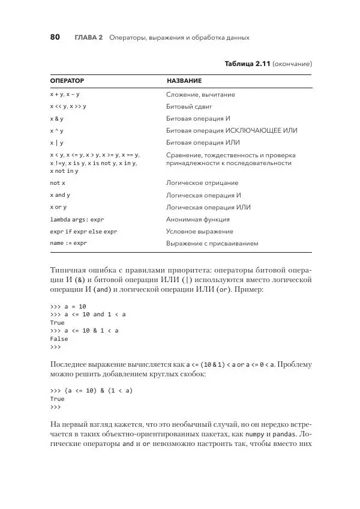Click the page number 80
click(x=55, y=37)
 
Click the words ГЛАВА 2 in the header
click(x=89, y=38)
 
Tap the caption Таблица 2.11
click(x=247, y=63)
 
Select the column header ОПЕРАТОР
click(x=67, y=80)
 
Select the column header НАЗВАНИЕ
click(x=184, y=80)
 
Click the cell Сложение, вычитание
click(x=200, y=95)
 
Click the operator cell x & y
click(x=57, y=119)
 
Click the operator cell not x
click(x=58, y=183)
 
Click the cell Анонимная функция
click(x=196, y=220)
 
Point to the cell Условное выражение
click(x=199, y=232)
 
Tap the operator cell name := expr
click(x=68, y=244)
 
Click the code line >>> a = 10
click(x=68, y=306)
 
